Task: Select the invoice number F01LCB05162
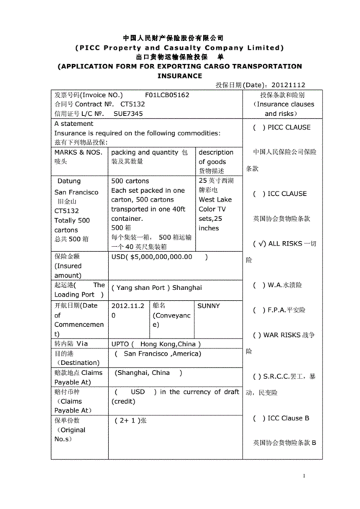[167, 95]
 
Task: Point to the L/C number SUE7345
[128, 113]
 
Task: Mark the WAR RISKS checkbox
[258, 335]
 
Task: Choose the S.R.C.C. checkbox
[258, 377]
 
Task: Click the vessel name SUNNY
[209, 306]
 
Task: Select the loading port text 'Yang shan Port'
[146, 287]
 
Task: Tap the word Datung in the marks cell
[69, 181]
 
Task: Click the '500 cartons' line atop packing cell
[130, 181]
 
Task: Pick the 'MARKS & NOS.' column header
[78, 153]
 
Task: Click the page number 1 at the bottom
[304, 477]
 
